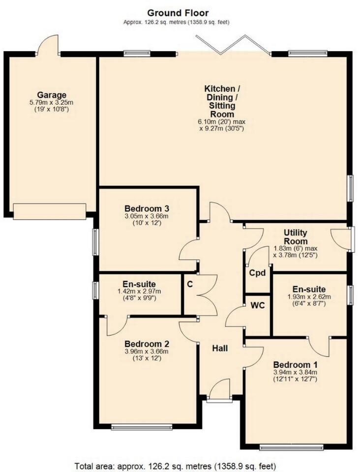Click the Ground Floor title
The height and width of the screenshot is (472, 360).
[178, 13]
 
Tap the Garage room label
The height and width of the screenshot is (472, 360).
[51, 94]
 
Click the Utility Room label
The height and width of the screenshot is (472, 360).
[296, 236]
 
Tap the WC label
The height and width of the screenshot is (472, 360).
[258, 305]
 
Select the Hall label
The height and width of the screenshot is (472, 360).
[220, 348]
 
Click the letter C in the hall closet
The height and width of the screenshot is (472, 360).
[189, 284]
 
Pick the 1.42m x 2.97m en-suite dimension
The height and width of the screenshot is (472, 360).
[140, 292]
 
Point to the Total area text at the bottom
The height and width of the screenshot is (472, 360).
[175, 465]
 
